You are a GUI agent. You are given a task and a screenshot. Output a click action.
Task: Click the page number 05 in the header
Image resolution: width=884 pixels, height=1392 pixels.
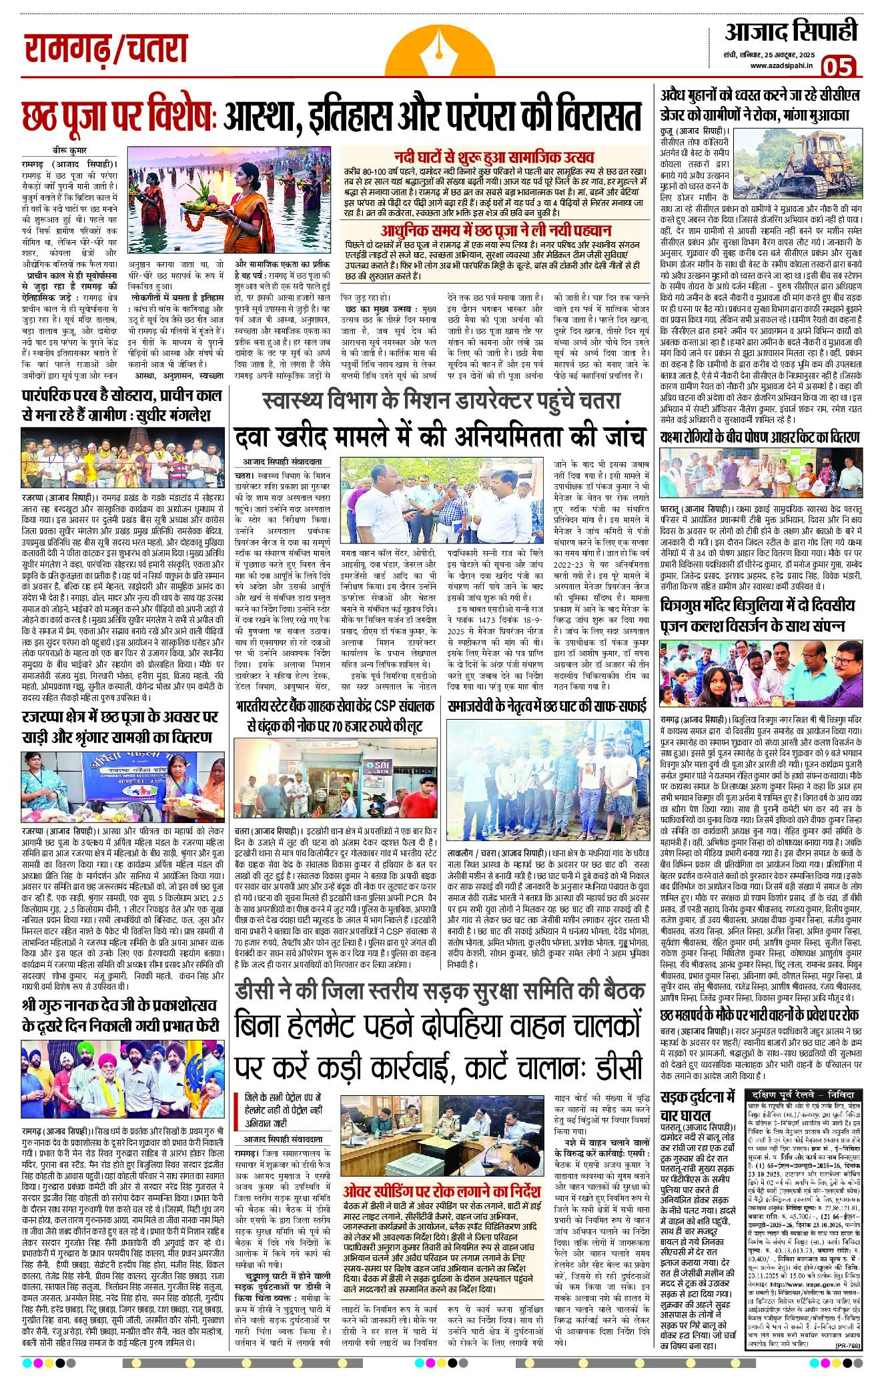coord(838,67)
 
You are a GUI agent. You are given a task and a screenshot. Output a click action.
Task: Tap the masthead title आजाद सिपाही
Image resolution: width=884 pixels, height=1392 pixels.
coord(791,33)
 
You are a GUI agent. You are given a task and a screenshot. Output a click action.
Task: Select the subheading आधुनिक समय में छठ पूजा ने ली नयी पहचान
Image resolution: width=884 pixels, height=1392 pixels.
coord(495,230)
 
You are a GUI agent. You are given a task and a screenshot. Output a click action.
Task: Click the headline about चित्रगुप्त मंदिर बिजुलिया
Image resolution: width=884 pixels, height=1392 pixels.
coord(758,616)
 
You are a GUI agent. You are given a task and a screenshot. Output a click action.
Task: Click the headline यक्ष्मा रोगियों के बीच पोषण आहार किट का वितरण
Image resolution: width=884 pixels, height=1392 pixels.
coord(759,437)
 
